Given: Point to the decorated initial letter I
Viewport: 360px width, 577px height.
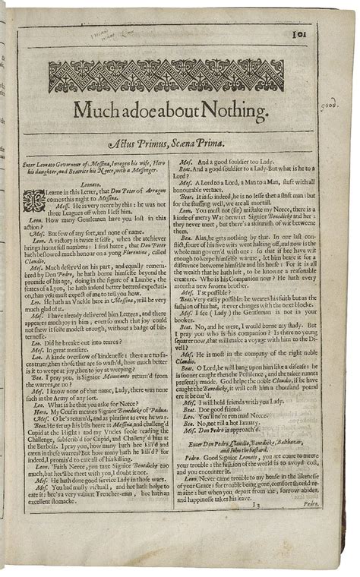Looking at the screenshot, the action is point(34,200).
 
